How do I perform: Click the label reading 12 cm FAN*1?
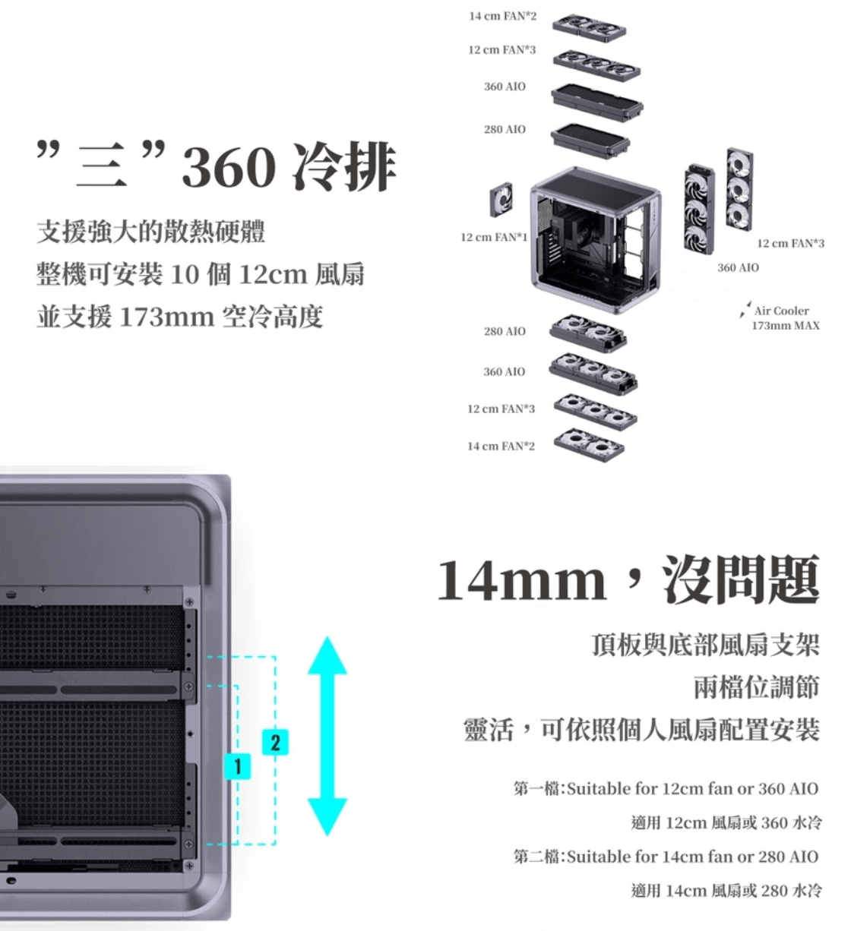pyautogui.click(x=494, y=238)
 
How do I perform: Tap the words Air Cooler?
pyautogui.click(x=781, y=311)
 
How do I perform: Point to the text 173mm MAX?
pyautogui.click(x=786, y=326)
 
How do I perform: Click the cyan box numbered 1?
pyautogui.click(x=238, y=766)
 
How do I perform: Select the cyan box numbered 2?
pyautogui.click(x=275, y=741)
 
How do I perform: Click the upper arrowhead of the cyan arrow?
pyautogui.click(x=327, y=656)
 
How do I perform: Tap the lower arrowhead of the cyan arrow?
pyautogui.click(x=327, y=816)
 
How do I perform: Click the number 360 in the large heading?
pyautogui.click(x=228, y=167)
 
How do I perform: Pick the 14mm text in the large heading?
pyautogui.click(x=521, y=580)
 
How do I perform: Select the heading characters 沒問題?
pyautogui.click(x=741, y=580)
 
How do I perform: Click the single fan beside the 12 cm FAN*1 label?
pyautogui.click(x=501, y=200)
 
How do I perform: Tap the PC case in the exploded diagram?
pyautogui.click(x=595, y=238)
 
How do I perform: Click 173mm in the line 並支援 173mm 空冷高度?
pyautogui.click(x=166, y=316)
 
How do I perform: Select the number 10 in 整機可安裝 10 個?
pyautogui.click(x=185, y=273)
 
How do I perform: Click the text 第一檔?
pyautogui.click(x=537, y=788)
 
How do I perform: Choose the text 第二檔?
pyautogui.click(x=537, y=857)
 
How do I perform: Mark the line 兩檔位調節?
pyautogui.click(x=756, y=687)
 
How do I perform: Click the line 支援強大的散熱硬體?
pyautogui.click(x=151, y=231)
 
